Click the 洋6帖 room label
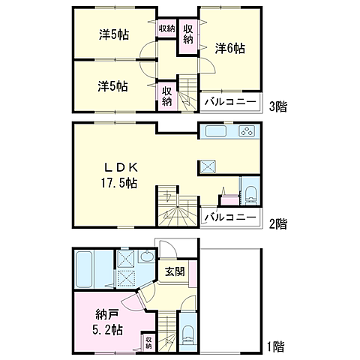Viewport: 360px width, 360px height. [230, 48]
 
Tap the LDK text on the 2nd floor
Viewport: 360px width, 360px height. [121, 167]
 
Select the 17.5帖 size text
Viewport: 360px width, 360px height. [119, 183]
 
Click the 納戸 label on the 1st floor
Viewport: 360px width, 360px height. [107, 314]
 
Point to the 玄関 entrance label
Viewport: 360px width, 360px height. [175, 271]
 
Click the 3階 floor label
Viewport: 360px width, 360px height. [277, 106]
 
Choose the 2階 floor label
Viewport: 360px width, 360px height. [277, 223]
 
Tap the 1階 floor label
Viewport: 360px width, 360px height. [276, 346]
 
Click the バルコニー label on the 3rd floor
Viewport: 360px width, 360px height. [230, 102]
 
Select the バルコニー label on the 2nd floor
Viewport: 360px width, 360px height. [230, 217]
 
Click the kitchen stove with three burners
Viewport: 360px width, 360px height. [247, 131]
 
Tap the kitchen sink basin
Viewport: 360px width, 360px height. [216, 131]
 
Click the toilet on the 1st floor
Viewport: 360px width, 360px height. [188, 335]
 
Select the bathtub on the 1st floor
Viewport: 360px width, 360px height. [84, 270]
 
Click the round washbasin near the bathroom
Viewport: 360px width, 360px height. [146, 256]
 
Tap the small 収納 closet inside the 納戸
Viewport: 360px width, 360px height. [148, 343]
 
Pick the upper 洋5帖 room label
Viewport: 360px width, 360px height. [114, 34]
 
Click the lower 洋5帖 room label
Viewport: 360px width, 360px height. [112, 86]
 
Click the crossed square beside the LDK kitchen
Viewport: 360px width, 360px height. [207, 166]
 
